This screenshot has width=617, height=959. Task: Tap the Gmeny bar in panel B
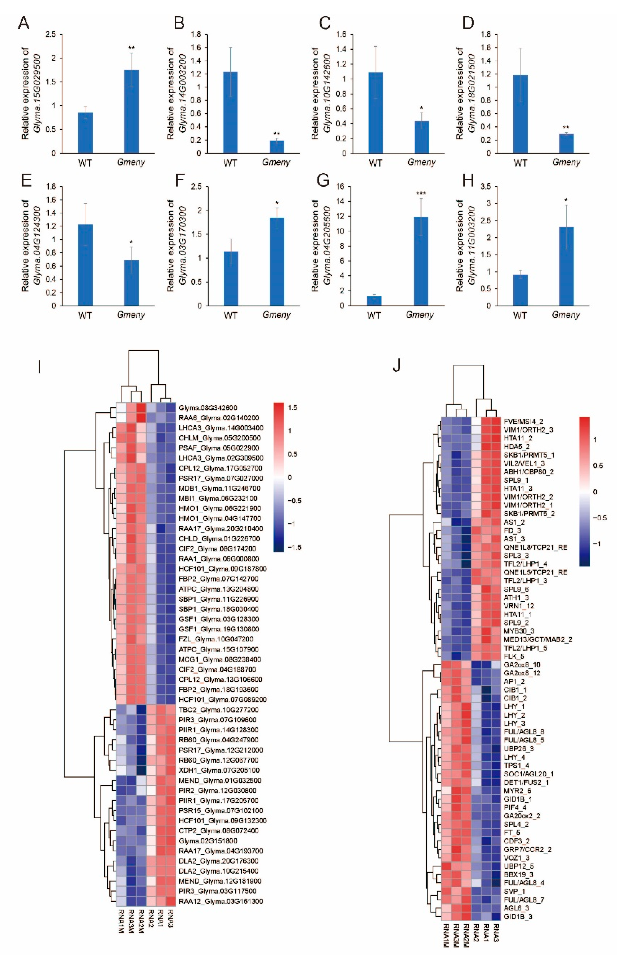click(x=277, y=147)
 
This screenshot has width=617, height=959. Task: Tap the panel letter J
click(x=396, y=366)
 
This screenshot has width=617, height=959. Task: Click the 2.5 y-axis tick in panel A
click(x=51, y=34)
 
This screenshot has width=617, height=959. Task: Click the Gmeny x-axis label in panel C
click(x=421, y=162)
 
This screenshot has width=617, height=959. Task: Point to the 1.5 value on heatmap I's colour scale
click(x=292, y=408)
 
